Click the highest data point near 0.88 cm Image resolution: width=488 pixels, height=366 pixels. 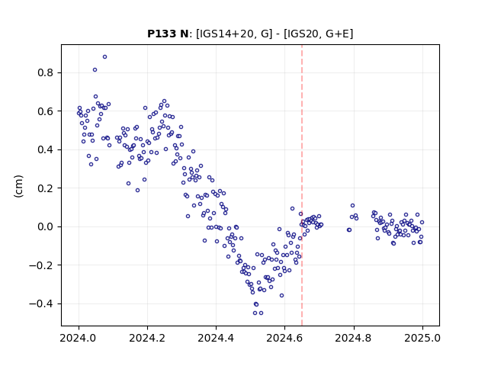click(105, 57)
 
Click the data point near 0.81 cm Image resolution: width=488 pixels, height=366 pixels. click(95, 69)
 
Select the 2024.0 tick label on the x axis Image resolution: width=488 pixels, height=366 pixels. click(79, 338)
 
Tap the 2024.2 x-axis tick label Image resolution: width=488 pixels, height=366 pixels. click(147, 338)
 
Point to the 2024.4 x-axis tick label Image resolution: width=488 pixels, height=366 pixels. click(216, 338)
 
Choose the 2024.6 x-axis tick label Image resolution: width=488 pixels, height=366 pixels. click(284, 338)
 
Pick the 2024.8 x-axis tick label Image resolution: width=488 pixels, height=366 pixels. click(354, 338)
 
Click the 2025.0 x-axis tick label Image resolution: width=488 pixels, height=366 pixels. click(422, 338)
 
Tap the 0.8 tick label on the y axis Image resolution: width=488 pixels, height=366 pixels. click(46, 73)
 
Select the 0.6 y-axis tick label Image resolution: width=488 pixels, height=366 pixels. click(46, 111)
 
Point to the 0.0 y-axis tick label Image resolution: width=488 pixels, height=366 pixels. click(46, 227)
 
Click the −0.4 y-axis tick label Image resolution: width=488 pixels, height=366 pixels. click(42, 303)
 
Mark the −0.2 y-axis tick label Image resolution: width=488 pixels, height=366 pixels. click(42, 265)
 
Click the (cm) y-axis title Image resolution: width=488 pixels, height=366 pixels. click(18, 186)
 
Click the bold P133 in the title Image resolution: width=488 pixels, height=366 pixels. click(162, 34)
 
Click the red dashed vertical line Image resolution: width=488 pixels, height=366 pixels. click(302, 185)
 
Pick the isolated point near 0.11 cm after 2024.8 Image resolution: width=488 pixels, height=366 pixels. click(352, 206)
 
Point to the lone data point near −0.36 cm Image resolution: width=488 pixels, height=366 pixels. click(281, 296)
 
